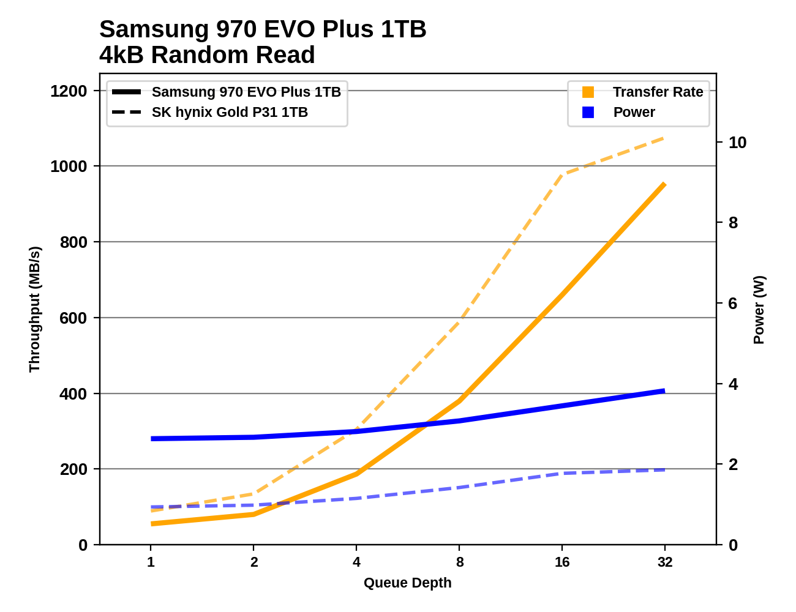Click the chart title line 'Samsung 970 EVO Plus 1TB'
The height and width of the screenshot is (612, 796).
[263, 29]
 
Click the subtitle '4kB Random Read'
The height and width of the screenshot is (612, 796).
[207, 55]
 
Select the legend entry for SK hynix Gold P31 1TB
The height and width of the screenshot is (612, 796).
[230, 113]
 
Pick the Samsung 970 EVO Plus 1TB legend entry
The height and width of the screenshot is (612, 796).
[246, 92]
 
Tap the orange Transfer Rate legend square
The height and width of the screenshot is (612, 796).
[588, 92]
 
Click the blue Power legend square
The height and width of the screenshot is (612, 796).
[588, 112]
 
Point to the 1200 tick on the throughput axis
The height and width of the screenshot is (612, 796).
[69, 91]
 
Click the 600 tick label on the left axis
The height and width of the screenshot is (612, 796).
[73, 318]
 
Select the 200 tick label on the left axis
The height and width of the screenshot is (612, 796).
[73, 469]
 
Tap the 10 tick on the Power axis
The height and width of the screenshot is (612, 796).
[737, 143]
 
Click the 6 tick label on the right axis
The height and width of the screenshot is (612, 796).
[733, 304]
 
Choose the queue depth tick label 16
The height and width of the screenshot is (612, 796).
[562, 562]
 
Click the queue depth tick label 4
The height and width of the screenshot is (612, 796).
[356, 562]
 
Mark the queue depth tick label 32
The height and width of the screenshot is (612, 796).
[665, 562]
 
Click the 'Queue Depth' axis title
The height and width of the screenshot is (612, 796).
[407, 583]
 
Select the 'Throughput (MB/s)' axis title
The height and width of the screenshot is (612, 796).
[34, 309]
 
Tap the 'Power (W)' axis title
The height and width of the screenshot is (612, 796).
[759, 310]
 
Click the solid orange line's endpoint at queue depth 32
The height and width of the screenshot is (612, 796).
[664, 184]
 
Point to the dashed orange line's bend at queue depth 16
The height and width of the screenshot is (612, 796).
[562, 174]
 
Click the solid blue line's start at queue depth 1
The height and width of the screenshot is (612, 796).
[151, 439]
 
